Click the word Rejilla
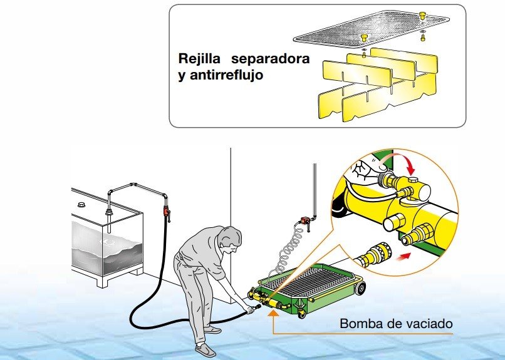pyautogui.click(x=200, y=59)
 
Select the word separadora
pyautogui.click(x=270, y=59)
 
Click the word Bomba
pyautogui.click(x=361, y=324)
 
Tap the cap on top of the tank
pyautogui.click(x=81, y=205)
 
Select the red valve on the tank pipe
pyautogui.click(x=167, y=212)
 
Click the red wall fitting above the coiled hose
pyautogui.click(x=305, y=220)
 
